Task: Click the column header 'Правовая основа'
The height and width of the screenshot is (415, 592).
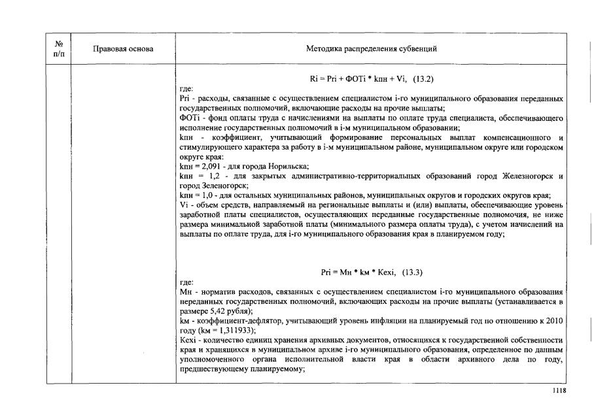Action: [123, 49]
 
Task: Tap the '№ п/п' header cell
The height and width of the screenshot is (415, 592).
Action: [58, 49]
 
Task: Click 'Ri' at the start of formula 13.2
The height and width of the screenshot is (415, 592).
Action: [314, 79]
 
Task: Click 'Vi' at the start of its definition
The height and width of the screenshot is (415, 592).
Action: [183, 205]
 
